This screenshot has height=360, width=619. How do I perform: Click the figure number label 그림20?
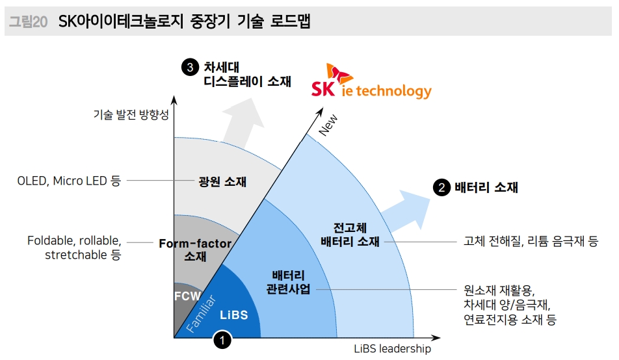point(27,21)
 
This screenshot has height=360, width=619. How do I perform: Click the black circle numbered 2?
point(441,188)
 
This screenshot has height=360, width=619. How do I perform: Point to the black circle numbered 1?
point(222,339)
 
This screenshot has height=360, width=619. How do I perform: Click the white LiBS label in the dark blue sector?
point(234,315)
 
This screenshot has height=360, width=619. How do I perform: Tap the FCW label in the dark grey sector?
point(187,296)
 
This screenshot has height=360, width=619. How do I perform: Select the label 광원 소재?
point(222,181)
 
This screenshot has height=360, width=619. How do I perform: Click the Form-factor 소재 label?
point(195,250)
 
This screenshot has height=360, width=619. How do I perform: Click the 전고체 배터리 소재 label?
point(350,235)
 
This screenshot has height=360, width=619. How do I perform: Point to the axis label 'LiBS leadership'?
point(392,349)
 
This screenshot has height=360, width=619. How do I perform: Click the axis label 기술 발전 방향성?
point(131,115)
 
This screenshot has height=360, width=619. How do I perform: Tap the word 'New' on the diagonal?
point(328,126)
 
